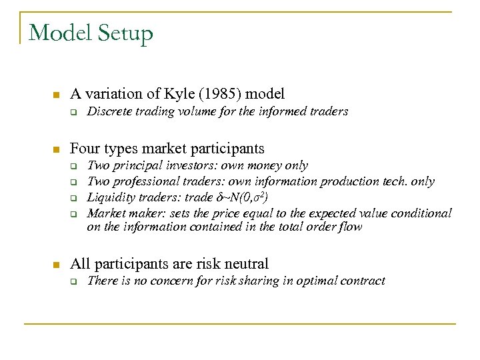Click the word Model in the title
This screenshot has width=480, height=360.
(58, 33)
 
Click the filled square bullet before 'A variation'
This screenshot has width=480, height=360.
(57, 94)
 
